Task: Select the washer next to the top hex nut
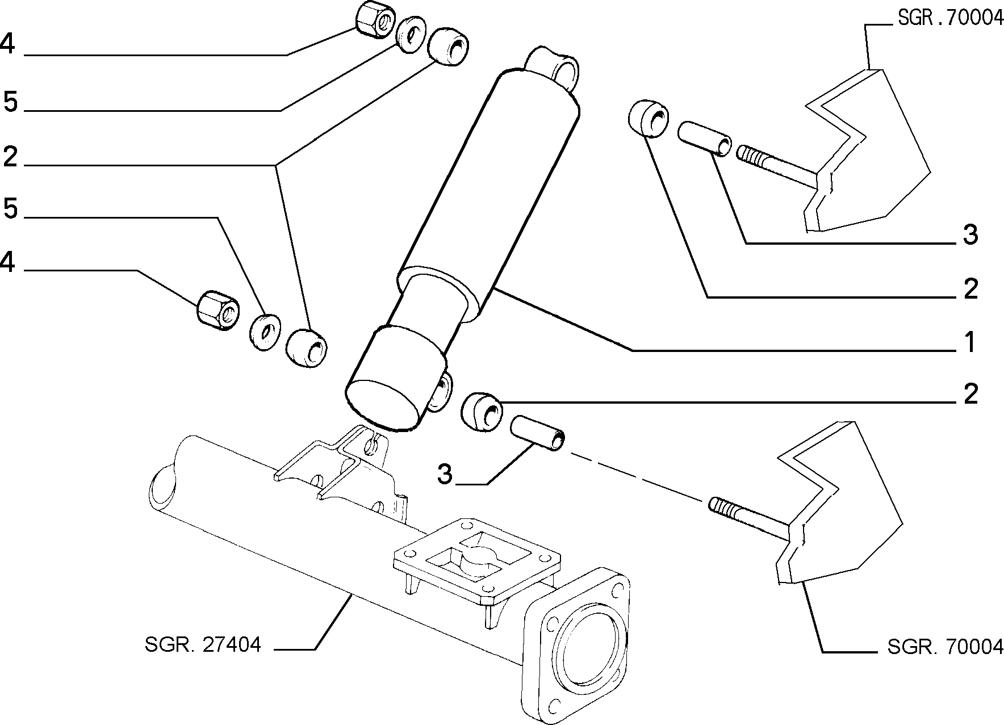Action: tap(411, 35)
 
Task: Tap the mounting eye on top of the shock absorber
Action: tap(554, 68)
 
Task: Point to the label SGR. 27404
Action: tap(203, 644)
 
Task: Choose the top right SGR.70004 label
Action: tap(950, 19)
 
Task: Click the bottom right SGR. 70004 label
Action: tap(945, 646)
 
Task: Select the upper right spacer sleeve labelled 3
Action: tap(704, 138)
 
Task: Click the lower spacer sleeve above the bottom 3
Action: tap(538, 434)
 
